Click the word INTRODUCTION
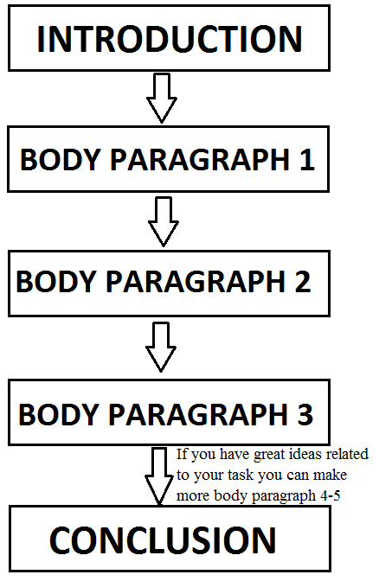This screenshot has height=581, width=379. click(x=170, y=39)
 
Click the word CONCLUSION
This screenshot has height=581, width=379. click(x=163, y=540)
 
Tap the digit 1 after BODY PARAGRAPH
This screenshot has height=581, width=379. click(x=307, y=160)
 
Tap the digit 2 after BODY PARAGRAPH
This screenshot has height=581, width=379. click(x=303, y=281)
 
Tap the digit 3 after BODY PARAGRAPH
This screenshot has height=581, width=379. click(x=305, y=414)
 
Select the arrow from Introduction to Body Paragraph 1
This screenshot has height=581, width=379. click(x=162, y=98)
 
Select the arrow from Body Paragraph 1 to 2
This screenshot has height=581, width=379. click(x=164, y=221)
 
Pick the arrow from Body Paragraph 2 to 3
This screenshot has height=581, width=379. click(x=161, y=347)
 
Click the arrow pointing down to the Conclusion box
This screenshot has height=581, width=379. click(x=159, y=476)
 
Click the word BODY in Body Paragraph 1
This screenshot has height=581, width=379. click(x=61, y=160)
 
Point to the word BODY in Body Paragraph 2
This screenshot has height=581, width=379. click(x=56, y=281)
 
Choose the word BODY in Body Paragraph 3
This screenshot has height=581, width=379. click(x=59, y=414)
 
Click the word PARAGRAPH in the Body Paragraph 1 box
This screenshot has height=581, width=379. click(x=200, y=160)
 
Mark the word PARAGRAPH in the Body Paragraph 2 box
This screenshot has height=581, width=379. click(x=196, y=281)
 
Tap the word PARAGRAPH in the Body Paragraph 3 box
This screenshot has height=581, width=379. click(x=198, y=414)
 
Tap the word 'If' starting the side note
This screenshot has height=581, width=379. click(x=182, y=454)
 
